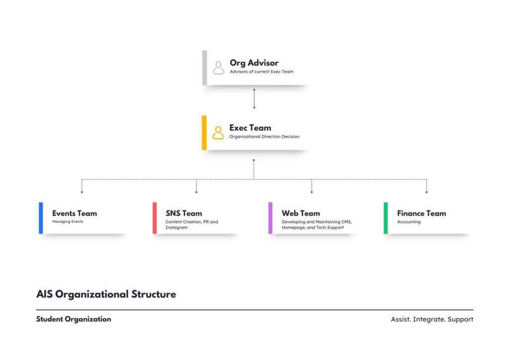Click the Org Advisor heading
pos(254,63)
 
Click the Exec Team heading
pos(251,128)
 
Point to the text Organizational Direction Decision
pos(264,137)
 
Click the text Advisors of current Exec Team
pos(261,72)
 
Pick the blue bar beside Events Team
pos(41,218)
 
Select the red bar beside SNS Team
pos(155,218)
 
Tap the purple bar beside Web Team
pos(270,218)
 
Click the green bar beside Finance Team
pos(386,218)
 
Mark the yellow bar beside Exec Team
pos(204,132)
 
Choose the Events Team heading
pos(75,213)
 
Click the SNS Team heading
pos(184,213)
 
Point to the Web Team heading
pos(301,213)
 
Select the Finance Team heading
pos(422,213)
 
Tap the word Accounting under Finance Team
pos(409,222)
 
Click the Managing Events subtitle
pos(68,222)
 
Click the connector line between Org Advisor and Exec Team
pos(254,98)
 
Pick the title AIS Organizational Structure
pos(106,294)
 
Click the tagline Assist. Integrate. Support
pos(432,319)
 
